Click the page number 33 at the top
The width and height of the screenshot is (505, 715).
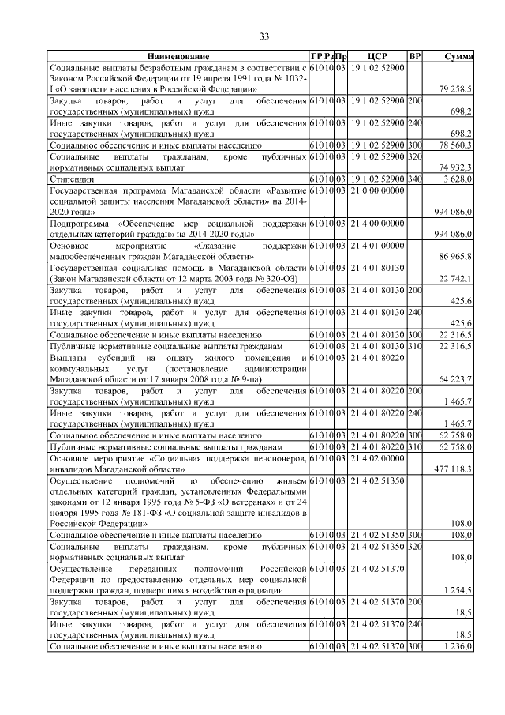click(264, 36)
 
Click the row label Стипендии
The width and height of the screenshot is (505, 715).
click(69, 179)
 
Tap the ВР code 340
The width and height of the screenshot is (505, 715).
click(415, 179)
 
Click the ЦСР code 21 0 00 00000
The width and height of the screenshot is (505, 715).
click(377, 190)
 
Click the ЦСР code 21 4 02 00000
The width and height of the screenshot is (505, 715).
click(377, 457)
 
